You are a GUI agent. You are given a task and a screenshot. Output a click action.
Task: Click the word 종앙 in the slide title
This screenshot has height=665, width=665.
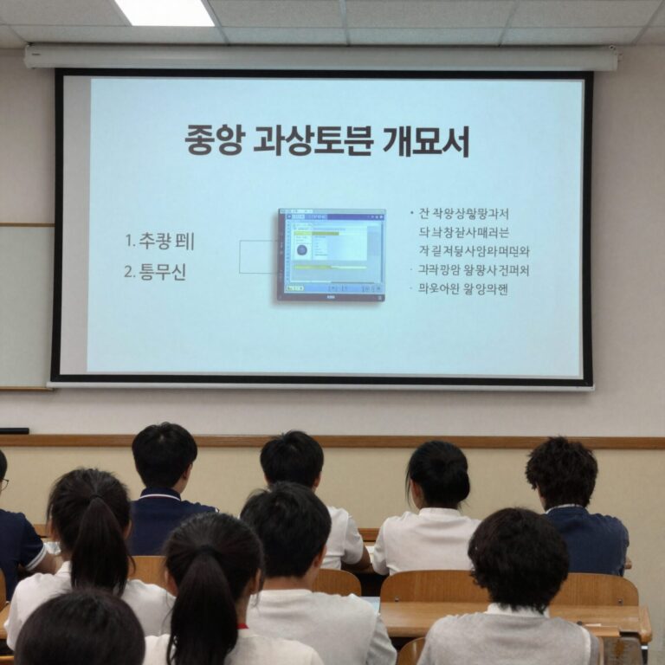click(212, 140)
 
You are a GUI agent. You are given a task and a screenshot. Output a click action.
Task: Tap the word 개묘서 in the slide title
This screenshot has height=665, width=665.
click(426, 140)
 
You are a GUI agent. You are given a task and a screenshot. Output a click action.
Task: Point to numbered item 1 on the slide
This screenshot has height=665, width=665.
click(160, 242)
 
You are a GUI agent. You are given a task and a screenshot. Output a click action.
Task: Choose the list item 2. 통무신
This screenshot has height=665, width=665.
click(155, 272)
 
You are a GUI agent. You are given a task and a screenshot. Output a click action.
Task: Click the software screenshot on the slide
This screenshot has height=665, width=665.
click(331, 255)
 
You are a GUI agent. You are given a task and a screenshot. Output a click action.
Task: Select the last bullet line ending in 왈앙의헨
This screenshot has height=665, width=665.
click(462, 288)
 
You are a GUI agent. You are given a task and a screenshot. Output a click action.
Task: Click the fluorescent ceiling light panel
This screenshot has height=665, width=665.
click(165, 12)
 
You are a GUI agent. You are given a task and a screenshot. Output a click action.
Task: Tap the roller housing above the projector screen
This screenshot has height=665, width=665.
click(320, 58)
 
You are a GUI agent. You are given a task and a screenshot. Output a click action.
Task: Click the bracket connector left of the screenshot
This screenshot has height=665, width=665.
click(257, 257)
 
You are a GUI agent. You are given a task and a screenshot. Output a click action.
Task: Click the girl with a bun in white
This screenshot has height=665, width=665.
click(433, 511)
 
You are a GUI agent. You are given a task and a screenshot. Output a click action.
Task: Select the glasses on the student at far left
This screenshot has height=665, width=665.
click(3, 484)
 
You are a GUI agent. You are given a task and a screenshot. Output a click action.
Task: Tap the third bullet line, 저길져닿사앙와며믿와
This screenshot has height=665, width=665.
click(473, 251)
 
